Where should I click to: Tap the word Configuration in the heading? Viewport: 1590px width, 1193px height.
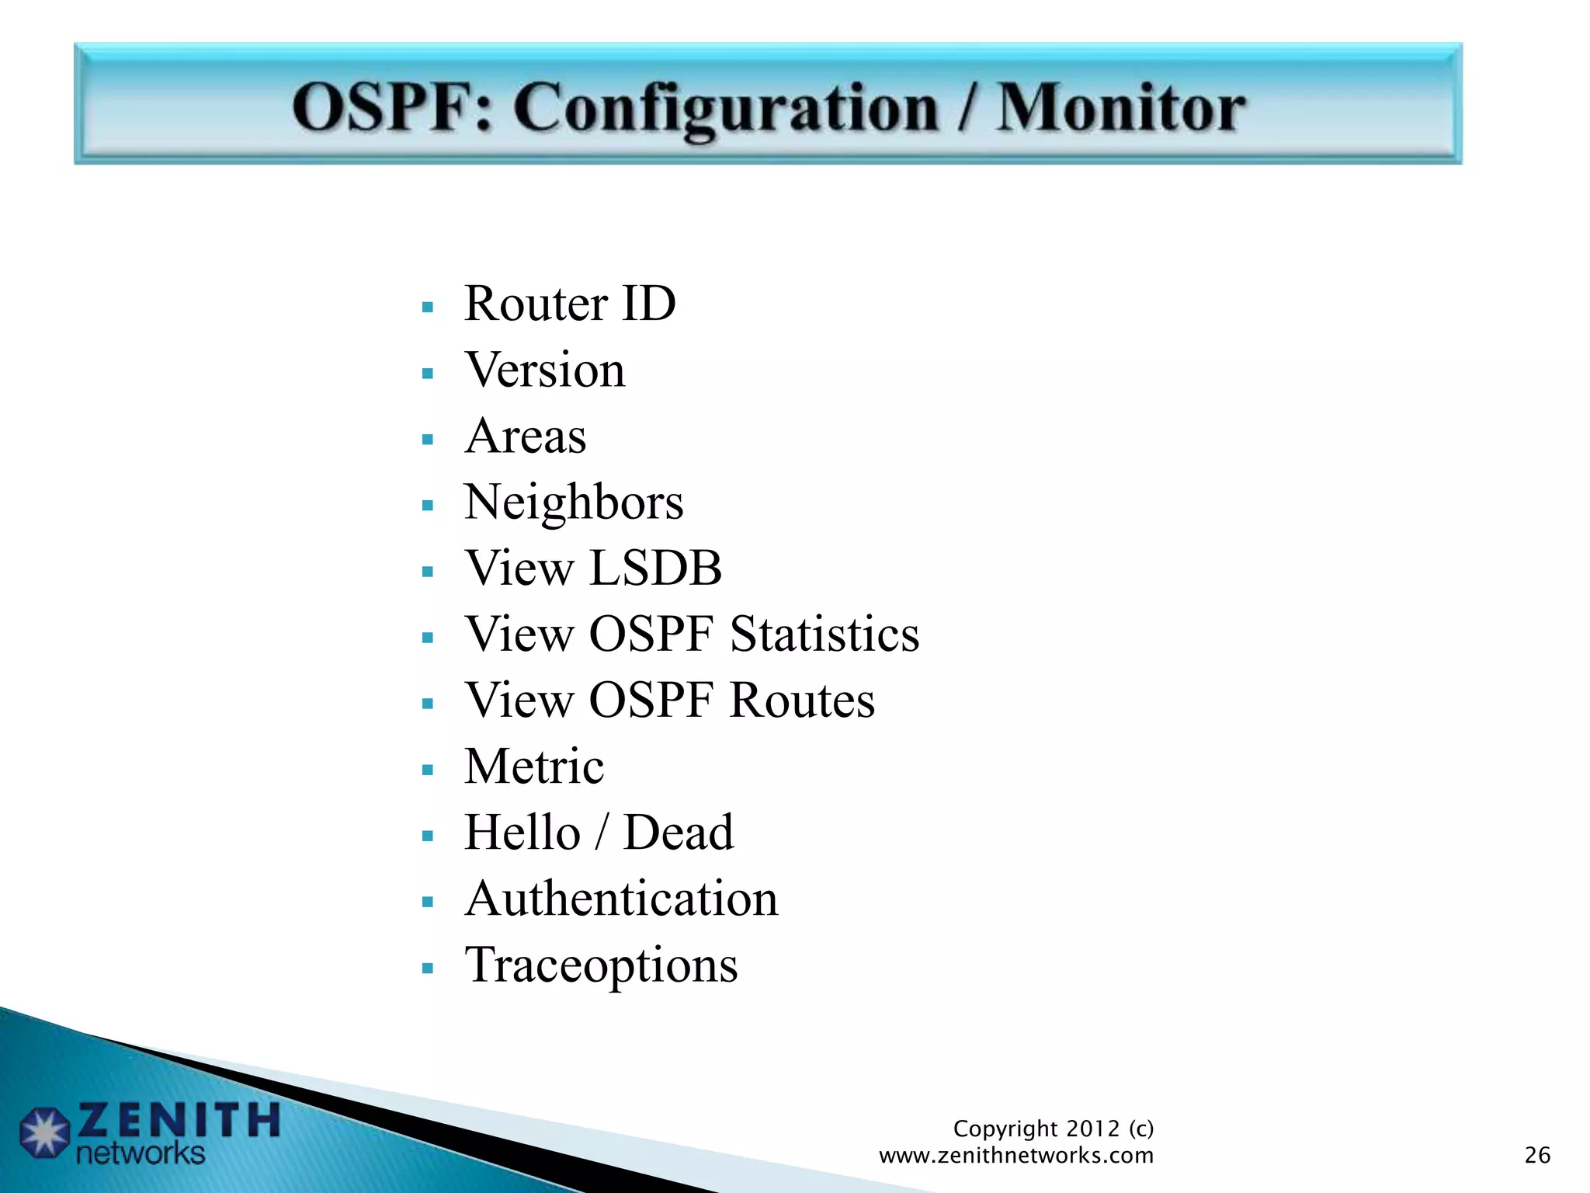726,109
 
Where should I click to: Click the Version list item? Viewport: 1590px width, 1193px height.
545,370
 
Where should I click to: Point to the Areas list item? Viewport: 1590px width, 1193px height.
526,436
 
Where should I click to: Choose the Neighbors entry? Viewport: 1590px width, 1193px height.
574,503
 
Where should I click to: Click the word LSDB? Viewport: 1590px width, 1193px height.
655,568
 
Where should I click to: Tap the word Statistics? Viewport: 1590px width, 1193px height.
825,634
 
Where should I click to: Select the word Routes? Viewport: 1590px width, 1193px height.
802,701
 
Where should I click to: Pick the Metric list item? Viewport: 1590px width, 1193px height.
534,767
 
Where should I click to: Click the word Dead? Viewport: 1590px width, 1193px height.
679,833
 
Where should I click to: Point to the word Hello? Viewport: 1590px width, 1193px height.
522,833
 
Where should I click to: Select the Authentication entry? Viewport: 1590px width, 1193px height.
621,899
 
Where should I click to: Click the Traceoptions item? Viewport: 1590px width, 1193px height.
601,965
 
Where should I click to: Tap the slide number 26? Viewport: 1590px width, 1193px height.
1537,1155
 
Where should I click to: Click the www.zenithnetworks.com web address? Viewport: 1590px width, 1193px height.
1016,1156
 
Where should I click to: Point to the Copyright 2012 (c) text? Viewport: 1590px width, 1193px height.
1053,1128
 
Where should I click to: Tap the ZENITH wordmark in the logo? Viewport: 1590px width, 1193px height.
179,1120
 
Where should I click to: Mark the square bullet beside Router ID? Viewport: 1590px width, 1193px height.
427,308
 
